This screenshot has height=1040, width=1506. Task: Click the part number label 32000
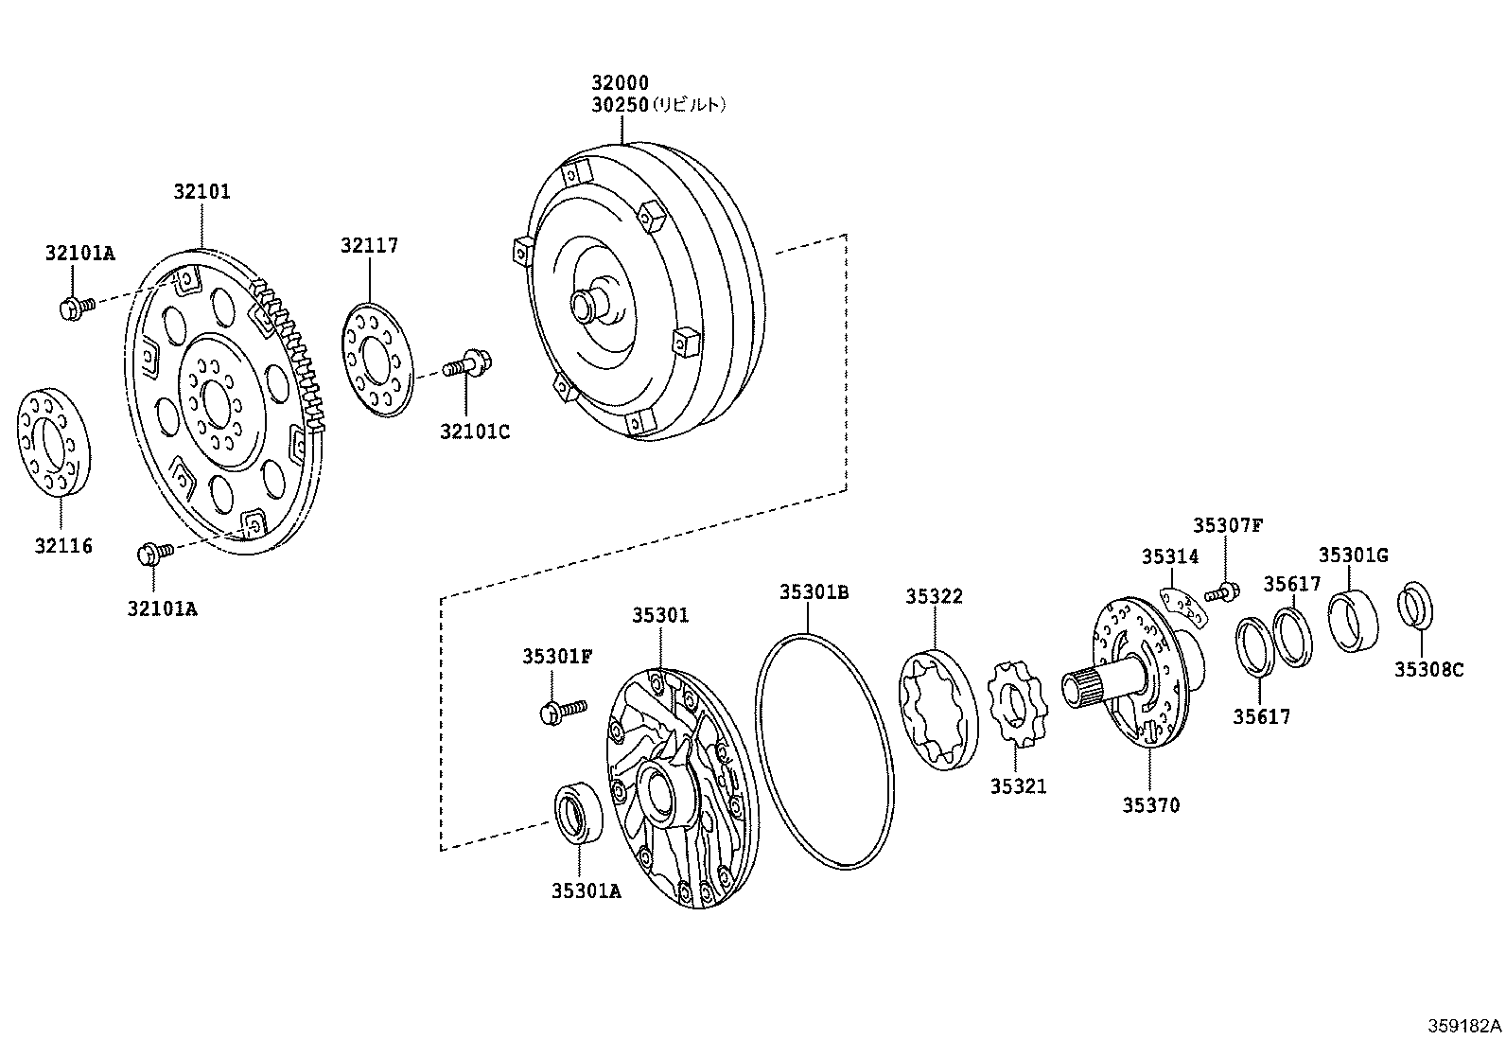click(x=621, y=83)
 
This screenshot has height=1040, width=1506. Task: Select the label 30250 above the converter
click(x=621, y=105)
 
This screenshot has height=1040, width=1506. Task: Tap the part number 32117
click(x=370, y=245)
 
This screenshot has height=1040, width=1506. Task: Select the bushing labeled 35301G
click(x=1353, y=620)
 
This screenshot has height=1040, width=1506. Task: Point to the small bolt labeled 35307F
click(x=1223, y=593)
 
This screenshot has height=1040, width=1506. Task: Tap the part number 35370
click(x=1151, y=805)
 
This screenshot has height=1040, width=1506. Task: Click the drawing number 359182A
click(x=1464, y=1026)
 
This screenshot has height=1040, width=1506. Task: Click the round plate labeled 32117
click(x=376, y=359)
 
